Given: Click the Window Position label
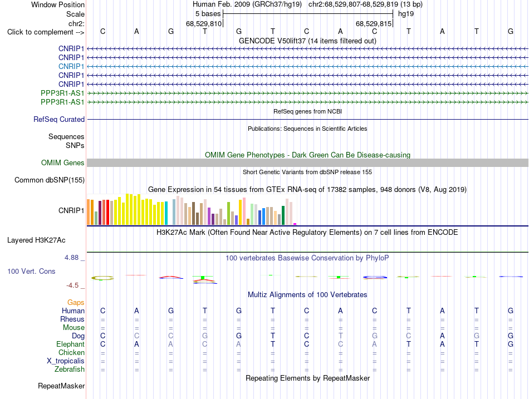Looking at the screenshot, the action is tap(58, 4).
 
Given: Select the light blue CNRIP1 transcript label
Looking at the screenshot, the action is tap(71, 66).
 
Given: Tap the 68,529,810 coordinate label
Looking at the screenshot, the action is tap(204, 23).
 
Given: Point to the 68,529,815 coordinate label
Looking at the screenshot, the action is tap(374, 23).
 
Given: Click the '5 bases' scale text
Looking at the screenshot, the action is tap(208, 14).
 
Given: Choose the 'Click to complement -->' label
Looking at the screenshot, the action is tap(46, 32).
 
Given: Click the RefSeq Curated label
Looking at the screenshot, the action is tap(59, 120).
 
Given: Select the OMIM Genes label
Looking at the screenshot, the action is tap(63, 163).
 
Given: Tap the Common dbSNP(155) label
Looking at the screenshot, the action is tap(50, 180).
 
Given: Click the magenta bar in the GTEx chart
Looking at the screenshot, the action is tap(295, 224).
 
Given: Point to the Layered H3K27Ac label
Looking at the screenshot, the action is tap(36, 240).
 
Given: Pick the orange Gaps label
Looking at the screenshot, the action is tap(76, 303).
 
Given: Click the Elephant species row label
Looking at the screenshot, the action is tap(70, 344).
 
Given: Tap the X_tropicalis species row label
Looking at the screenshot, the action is tap(66, 361).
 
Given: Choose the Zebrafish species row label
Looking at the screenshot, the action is tap(70, 370).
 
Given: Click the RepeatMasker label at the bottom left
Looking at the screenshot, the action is tap(61, 386).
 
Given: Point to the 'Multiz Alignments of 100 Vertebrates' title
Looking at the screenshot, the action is tap(307, 295).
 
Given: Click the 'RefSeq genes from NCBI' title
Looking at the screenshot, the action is tap(307, 111).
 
